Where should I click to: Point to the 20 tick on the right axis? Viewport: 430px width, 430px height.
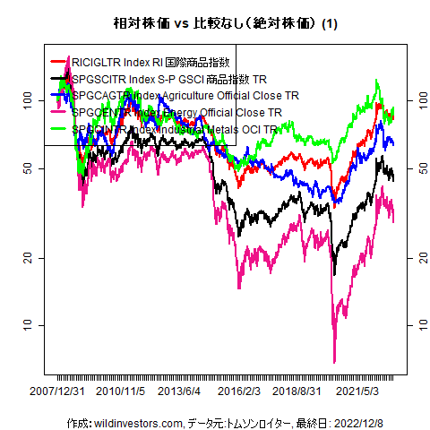(x=415, y=257)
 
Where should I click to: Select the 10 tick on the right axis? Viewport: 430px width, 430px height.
(x=415, y=323)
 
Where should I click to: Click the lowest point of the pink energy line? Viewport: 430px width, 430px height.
(x=334, y=362)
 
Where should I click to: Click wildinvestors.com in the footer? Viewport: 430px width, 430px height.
(x=137, y=421)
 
